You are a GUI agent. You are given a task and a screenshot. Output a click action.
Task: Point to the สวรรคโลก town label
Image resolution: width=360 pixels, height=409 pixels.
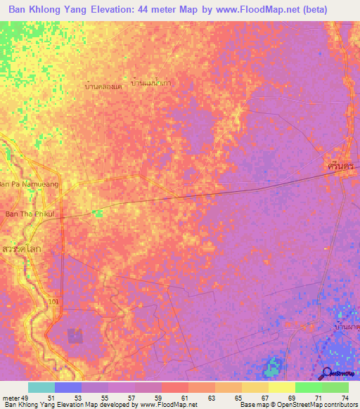(x=19, y=249)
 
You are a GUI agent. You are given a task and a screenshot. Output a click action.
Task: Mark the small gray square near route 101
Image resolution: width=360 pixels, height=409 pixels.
(x=75, y=337)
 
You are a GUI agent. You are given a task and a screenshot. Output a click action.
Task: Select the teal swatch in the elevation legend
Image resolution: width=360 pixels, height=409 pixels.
(x=41, y=387)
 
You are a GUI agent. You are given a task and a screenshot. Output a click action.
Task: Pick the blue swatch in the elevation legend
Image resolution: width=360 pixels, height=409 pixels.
(x=68, y=387)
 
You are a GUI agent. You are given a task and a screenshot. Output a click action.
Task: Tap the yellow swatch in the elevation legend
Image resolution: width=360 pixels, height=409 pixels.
(x=281, y=387)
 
